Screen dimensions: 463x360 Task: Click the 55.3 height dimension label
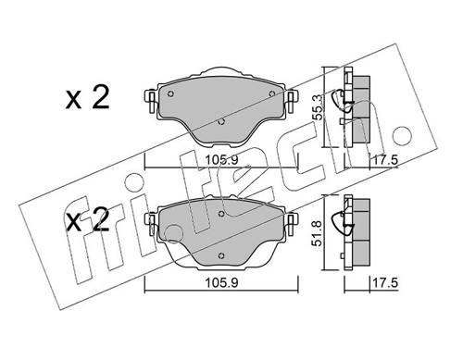point(318,107)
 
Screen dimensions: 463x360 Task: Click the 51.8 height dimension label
point(318,233)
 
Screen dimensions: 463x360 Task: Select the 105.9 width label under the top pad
point(222,160)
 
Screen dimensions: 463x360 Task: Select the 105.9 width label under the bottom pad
point(222,282)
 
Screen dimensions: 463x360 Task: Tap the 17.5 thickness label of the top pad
point(385,160)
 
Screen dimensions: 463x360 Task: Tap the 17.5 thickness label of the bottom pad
point(385,282)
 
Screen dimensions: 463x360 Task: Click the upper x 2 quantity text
point(88,97)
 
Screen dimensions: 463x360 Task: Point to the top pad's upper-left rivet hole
point(170,94)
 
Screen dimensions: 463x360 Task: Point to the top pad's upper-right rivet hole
point(272,93)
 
